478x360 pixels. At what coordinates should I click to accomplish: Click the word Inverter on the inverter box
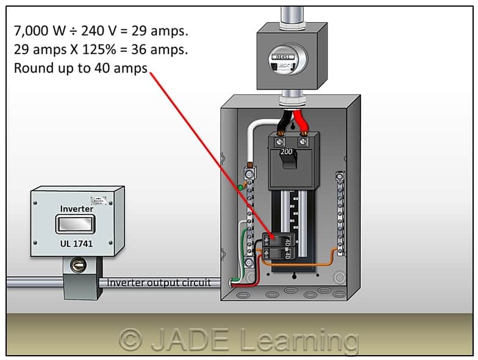tap(77, 209)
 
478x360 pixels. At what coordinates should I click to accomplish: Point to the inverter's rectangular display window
tap(77, 225)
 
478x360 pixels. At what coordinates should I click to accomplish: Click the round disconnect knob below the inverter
tap(78, 265)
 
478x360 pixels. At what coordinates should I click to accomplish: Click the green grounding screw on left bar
tap(241, 188)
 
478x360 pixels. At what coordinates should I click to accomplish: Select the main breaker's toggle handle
tap(286, 161)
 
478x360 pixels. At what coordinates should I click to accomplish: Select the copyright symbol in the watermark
tap(130, 339)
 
